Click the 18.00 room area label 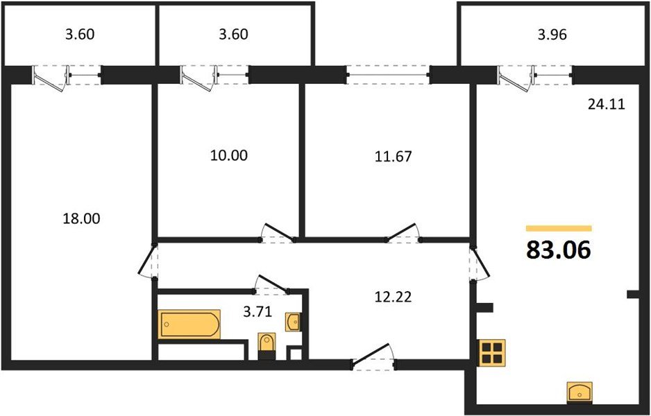(x=82, y=218)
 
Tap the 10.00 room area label (x=228, y=155)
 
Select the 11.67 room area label (x=394, y=156)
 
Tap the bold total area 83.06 (x=559, y=250)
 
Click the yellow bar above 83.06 (x=559, y=227)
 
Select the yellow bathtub (x=189, y=324)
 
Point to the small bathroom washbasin (x=294, y=322)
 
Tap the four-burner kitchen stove (x=493, y=352)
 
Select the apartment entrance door (x=373, y=358)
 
